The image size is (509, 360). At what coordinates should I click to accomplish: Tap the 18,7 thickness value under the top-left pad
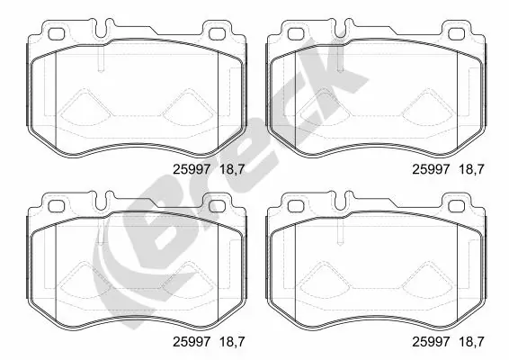coord(225,167)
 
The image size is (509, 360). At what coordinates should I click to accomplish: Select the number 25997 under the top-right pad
coord(429,167)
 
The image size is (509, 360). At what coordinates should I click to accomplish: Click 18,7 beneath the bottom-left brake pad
coord(225,340)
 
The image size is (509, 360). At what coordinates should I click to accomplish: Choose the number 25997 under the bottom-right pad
coord(429,340)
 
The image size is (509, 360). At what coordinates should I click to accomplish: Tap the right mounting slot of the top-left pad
coord(217,35)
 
